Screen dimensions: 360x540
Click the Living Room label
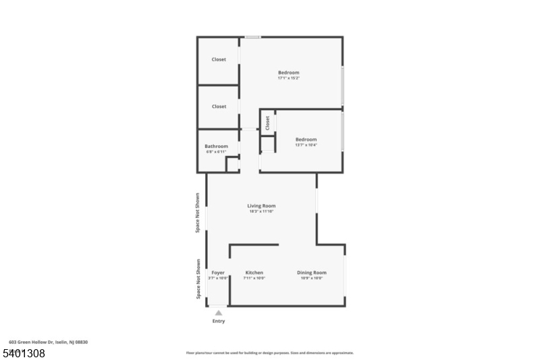tap(261, 206)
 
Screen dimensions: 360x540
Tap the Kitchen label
tap(254, 272)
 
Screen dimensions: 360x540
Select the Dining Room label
tap(311, 272)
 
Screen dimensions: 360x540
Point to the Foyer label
tap(218, 272)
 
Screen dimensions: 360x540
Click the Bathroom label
tap(217, 146)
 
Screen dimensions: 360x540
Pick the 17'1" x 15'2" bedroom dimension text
tap(288, 78)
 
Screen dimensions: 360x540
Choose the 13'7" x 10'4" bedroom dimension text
tap(306, 145)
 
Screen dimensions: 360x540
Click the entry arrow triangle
tap(219, 313)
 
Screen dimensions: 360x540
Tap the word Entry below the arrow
tap(219, 321)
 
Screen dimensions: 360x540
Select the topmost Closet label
tap(219, 59)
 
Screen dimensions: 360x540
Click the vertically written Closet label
tap(268, 123)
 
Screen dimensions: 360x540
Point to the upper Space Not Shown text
tap(198, 213)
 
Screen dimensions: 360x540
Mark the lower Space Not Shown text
tap(198, 279)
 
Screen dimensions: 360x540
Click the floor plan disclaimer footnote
tap(269, 353)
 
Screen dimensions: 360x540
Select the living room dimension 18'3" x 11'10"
tap(261, 211)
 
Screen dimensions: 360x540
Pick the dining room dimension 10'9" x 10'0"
tap(311, 278)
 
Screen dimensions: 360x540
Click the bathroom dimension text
tap(217, 151)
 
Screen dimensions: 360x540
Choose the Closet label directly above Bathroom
tap(219, 106)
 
